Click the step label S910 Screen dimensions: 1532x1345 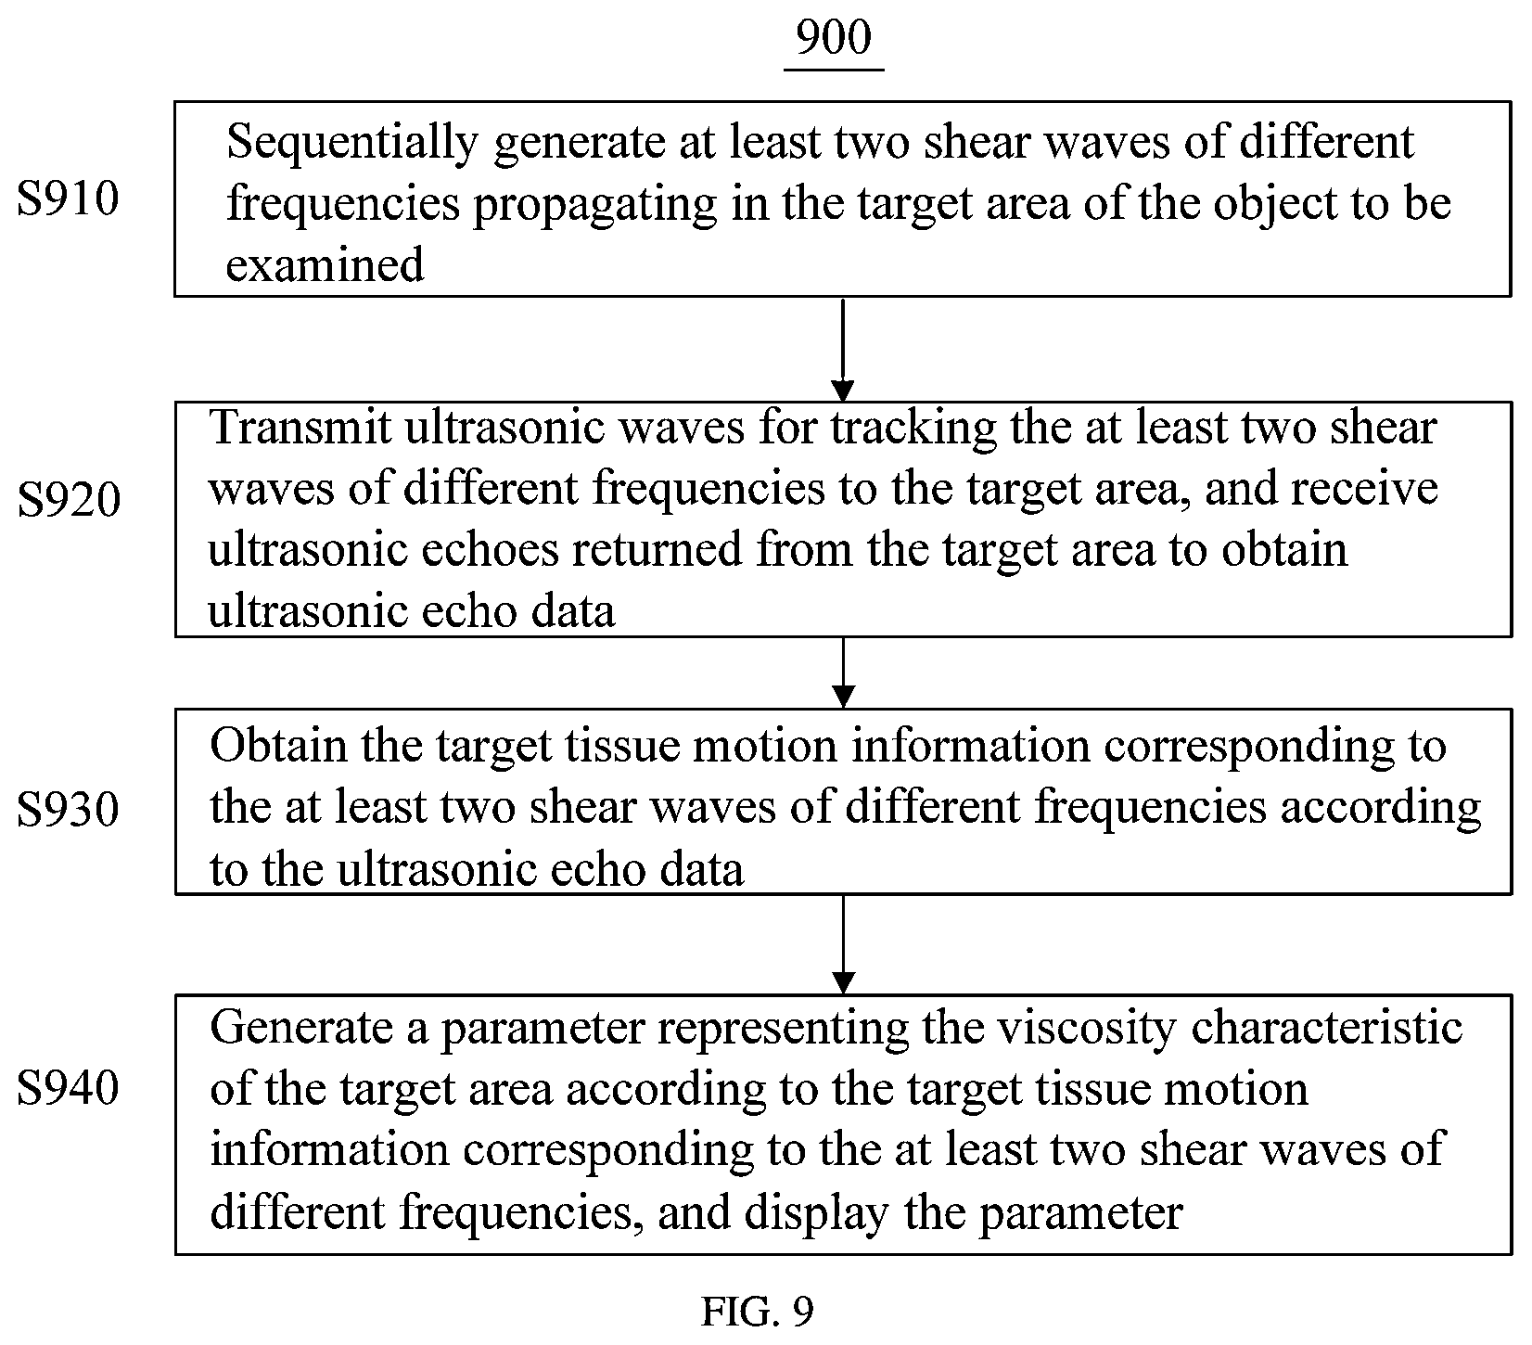[68, 199]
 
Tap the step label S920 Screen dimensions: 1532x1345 [69, 501]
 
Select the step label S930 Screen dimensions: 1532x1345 [68, 810]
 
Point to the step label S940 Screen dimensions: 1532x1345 [68, 1087]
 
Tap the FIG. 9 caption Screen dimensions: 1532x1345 [758, 1312]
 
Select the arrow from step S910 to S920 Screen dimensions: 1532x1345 [843, 349]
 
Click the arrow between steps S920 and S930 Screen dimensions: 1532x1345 [843, 672]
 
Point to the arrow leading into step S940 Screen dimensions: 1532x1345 [843, 944]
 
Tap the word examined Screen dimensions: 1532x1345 [325, 265]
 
